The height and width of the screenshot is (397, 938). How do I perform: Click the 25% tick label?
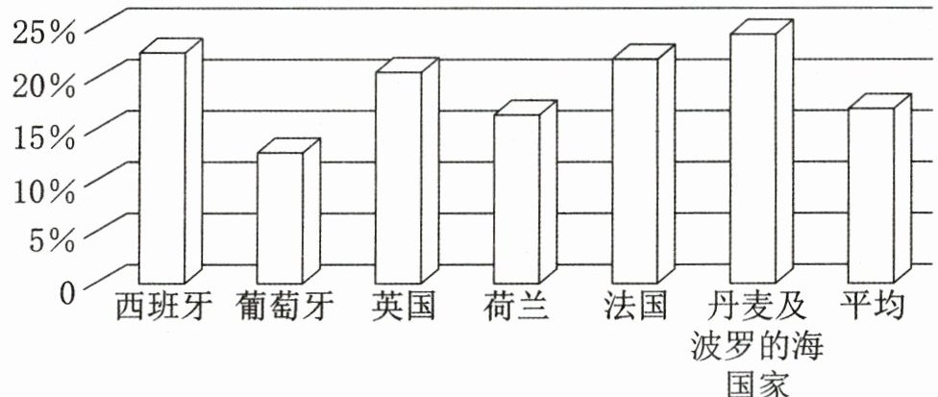(43, 34)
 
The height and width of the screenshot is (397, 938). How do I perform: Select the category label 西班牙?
(160, 308)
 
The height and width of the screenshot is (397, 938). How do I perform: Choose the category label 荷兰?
(516, 308)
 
